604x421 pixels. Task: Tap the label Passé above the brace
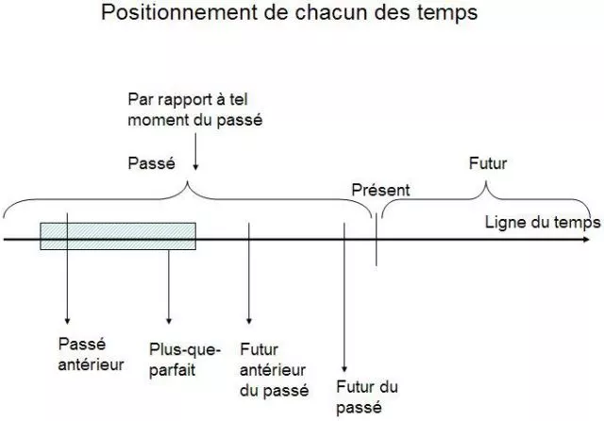coord(152,163)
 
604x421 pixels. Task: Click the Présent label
coord(380,190)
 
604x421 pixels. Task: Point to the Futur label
coord(488,163)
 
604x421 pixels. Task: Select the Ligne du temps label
coord(542,223)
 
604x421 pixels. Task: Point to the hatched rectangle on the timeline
coord(118,236)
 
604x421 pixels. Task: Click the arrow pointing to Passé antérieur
coord(68,283)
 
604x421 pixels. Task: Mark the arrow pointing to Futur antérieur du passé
coord(248,278)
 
